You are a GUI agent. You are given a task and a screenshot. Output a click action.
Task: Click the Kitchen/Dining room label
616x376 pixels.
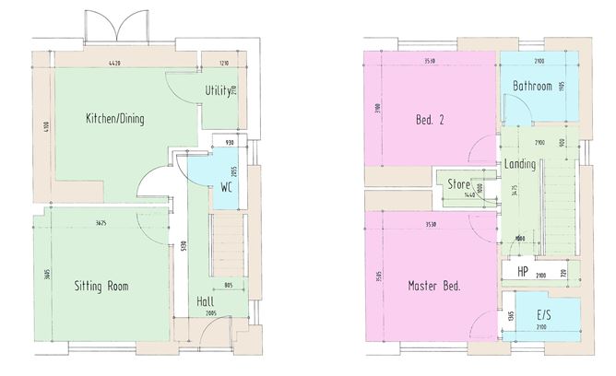(115, 119)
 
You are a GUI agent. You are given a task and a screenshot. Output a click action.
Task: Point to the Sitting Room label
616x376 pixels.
(101, 286)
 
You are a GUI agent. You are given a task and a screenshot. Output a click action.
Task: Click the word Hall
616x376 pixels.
(207, 301)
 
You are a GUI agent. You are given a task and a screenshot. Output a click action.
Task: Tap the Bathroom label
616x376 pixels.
(532, 87)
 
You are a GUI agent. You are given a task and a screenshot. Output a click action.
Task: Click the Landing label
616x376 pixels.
(522, 164)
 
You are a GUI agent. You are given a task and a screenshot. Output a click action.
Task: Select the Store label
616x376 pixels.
(459, 184)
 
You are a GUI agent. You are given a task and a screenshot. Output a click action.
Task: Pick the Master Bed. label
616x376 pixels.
(434, 286)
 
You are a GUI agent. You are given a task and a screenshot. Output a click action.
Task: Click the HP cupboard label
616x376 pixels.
(522, 272)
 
